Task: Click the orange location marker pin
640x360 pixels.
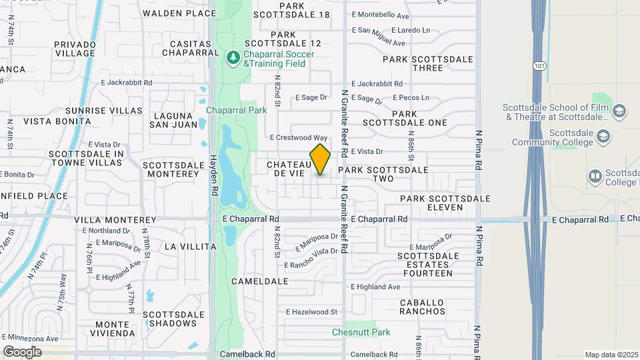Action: pos(320,159)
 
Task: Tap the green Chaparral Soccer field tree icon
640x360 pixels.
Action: pos(233,58)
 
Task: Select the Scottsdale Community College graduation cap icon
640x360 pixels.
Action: pos(604,137)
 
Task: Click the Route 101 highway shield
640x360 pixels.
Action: pos(539,65)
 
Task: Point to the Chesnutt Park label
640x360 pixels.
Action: pos(361,332)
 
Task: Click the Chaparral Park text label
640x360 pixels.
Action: pos(237,110)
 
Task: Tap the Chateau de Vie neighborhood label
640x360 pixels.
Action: pos(289,169)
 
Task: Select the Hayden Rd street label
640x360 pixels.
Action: pos(214,175)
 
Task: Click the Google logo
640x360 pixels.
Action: pos(22,351)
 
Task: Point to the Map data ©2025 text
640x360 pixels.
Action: pos(611,355)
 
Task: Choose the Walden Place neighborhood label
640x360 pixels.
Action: pos(179,13)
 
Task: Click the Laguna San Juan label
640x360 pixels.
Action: pos(175,119)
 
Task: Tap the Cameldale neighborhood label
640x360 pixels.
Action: pos(259,281)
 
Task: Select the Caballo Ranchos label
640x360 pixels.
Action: pos(423,307)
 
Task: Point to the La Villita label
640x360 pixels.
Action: pos(190,247)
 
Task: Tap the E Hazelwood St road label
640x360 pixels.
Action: pos(312,311)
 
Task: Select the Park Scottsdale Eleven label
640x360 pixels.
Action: pos(445,203)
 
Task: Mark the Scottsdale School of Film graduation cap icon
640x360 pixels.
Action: pos(619,111)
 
